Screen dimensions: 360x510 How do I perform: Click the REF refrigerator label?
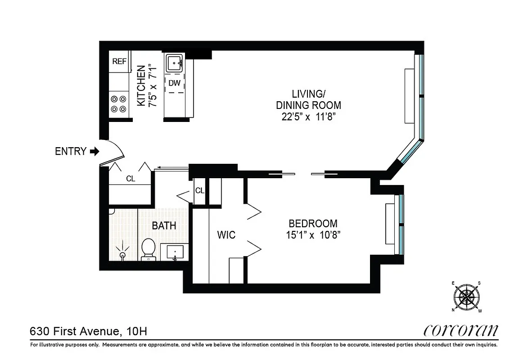(119, 62)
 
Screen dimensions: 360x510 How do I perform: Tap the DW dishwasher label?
(174, 83)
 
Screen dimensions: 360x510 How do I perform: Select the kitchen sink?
(174, 63)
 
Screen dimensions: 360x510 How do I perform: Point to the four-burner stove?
(119, 104)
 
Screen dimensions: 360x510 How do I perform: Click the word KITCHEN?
(141, 86)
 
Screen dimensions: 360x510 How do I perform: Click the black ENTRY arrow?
(94, 152)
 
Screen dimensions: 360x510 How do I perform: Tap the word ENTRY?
(70, 152)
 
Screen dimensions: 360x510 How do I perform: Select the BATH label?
(164, 226)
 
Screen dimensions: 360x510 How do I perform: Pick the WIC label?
(226, 235)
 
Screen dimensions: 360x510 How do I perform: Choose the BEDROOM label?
(313, 223)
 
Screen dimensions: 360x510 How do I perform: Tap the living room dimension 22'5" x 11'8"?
(308, 117)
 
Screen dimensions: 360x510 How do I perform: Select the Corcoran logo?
(461, 331)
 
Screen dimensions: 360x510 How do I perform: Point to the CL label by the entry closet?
(131, 179)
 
